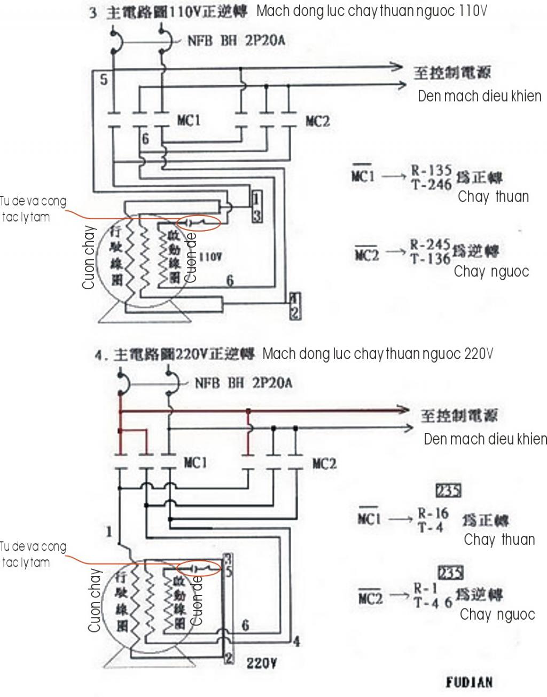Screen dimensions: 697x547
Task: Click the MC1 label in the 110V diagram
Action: click(189, 121)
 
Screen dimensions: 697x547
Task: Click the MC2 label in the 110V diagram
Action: click(317, 122)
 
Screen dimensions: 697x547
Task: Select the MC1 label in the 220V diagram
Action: click(196, 463)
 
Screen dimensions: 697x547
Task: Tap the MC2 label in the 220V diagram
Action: click(324, 464)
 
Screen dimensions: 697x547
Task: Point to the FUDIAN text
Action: click(469, 682)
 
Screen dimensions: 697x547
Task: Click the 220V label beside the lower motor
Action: click(261, 663)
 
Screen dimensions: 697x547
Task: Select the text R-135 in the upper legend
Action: click(431, 171)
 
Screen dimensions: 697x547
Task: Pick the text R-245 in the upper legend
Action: click(430, 245)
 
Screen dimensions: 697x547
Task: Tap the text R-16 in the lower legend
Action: click(433, 513)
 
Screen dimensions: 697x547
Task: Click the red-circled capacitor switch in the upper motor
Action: click(198, 222)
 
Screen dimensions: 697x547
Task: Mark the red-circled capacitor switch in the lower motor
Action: click(198, 567)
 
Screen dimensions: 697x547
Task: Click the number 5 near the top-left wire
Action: click(104, 80)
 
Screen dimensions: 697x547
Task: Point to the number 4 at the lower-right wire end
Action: click(296, 641)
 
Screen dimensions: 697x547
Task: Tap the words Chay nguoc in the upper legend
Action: click(491, 272)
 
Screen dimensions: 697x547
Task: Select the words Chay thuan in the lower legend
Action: click(499, 540)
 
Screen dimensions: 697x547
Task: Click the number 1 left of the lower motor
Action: click(109, 532)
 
